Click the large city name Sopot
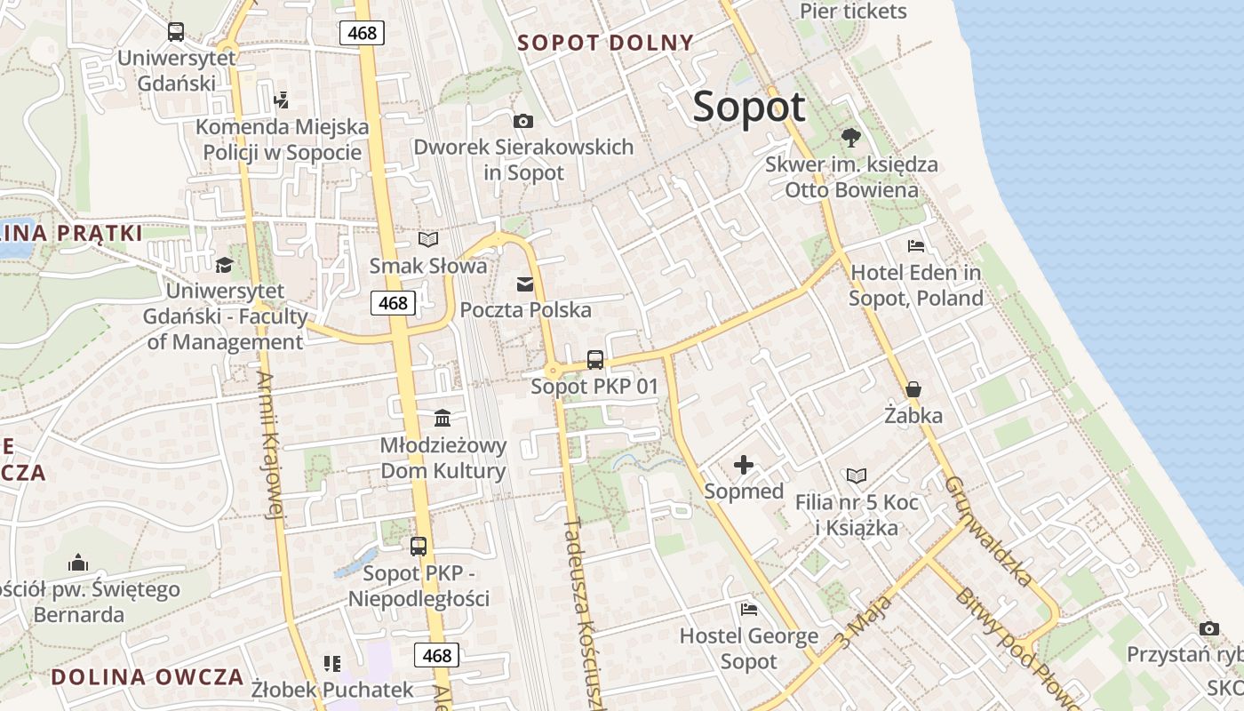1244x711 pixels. [x=748, y=107]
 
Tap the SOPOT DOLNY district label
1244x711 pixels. [x=605, y=43]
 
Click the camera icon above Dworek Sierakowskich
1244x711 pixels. [x=523, y=121]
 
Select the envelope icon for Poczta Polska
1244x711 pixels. [x=525, y=284]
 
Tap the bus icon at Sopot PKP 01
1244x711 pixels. [x=595, y=360]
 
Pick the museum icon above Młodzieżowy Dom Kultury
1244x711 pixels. [x=443, y=418]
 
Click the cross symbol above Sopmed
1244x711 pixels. [x=743, y=465]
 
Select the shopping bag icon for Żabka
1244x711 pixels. [x=913, y=389]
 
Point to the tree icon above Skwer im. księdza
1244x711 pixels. [x=850, y=138]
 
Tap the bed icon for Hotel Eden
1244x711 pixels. [x=916, y=246]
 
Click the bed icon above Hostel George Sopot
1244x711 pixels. [x=749, y=610]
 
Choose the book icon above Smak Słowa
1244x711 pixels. [x=428, y=239]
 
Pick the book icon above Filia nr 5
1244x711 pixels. [x=856, y=476]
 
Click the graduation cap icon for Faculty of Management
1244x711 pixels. [x=224, y=265]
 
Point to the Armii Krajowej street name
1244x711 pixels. [x=270, y=444]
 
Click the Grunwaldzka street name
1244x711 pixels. [x=989, y=531]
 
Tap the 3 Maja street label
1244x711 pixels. [x=863, y=622]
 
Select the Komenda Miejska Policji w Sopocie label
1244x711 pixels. [x=283, y=140]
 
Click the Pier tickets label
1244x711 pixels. [x=853, y=12]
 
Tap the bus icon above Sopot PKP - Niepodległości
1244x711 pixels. [x=419, y=547]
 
